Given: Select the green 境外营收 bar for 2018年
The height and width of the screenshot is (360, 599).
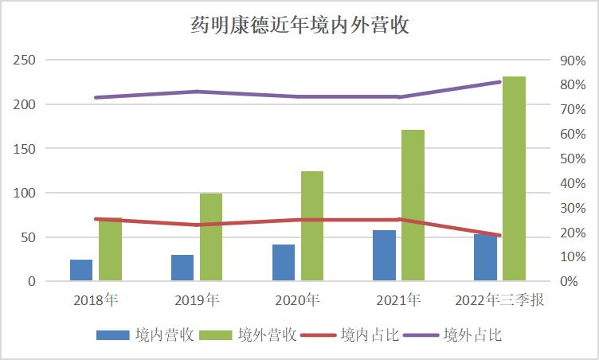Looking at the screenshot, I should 110,249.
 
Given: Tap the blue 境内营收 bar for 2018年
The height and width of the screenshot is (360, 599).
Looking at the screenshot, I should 81,270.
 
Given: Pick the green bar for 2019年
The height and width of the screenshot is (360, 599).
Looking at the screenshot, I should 211,237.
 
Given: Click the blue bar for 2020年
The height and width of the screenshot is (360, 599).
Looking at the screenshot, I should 284,263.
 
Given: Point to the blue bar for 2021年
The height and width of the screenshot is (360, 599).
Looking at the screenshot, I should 384,256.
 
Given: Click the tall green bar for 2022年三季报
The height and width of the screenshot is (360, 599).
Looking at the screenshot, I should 514,179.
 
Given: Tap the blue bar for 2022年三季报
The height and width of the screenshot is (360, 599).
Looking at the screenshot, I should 485,257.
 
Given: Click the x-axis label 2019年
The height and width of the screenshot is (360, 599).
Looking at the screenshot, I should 197,300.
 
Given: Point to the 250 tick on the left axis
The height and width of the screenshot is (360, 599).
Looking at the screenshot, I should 25,61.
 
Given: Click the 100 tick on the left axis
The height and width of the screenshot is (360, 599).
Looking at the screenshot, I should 25,194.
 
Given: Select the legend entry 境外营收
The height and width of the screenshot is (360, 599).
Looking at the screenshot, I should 248,335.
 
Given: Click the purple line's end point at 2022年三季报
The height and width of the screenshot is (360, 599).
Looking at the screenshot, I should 499,82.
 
